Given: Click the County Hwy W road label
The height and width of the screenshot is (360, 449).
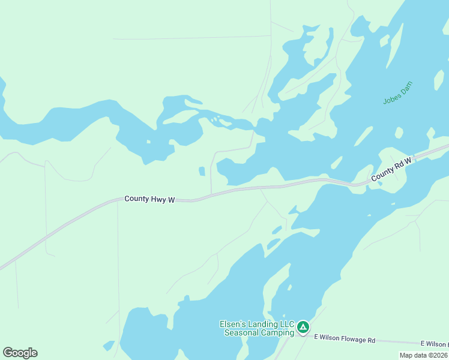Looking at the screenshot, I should [149, 199].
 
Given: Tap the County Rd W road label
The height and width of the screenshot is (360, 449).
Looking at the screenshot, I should [392, 169].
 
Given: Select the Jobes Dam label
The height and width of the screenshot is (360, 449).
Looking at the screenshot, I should [399, 92].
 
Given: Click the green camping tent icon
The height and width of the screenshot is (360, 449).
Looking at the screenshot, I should [303, 327].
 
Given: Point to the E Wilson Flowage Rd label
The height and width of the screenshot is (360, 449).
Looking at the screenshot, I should [345, 340].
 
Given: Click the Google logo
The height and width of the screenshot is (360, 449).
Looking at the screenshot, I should [20, 352].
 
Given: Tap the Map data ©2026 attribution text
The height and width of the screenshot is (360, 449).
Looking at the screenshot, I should [424, 355].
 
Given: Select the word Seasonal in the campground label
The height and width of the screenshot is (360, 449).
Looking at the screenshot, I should [241, 332].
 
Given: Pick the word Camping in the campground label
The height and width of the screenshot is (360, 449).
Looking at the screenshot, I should [277, 332].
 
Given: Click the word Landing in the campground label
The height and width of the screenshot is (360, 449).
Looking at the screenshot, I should [264, 325].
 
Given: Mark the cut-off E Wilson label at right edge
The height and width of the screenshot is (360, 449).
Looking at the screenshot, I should [434, 344].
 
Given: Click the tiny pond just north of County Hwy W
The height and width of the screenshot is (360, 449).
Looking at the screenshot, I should [202, 172].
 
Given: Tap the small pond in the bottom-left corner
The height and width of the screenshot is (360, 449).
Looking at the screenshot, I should [109, 346].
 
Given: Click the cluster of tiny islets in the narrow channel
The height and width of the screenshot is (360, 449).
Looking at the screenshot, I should [214, 119].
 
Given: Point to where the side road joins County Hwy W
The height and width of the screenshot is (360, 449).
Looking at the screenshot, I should [211, 194].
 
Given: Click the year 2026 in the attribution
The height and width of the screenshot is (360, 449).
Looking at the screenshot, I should [439, 355].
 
